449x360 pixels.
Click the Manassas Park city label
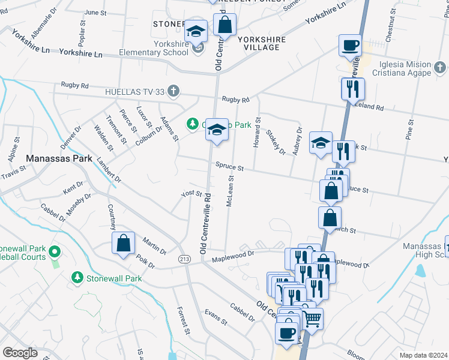tap(59, 159)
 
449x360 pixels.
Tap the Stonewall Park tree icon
tap(77, 277)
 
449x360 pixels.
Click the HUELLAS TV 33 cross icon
tap(173, 91)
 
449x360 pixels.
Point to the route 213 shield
tap(184, 257)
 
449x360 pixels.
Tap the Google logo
tap(20, 353)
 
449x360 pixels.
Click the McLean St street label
tap(231, 191)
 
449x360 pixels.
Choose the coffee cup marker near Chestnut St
tap(349, 45)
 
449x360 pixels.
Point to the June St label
tap(95, 12)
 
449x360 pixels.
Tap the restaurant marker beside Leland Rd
tap(352, 89)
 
